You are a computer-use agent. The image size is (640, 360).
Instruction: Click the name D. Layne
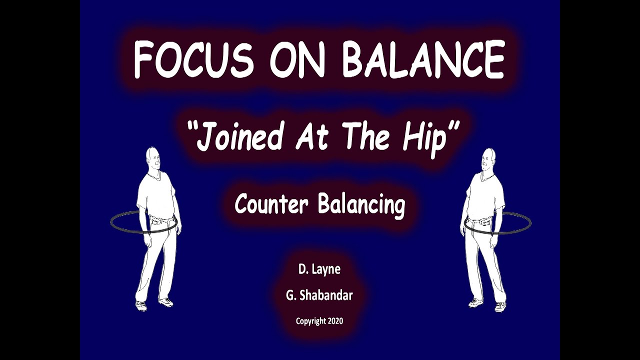(319, 269)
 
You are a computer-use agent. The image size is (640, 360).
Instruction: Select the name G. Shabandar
(319, 295)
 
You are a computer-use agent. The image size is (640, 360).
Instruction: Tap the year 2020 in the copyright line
(335, 321)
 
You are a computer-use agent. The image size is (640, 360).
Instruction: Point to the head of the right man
(487, 159)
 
